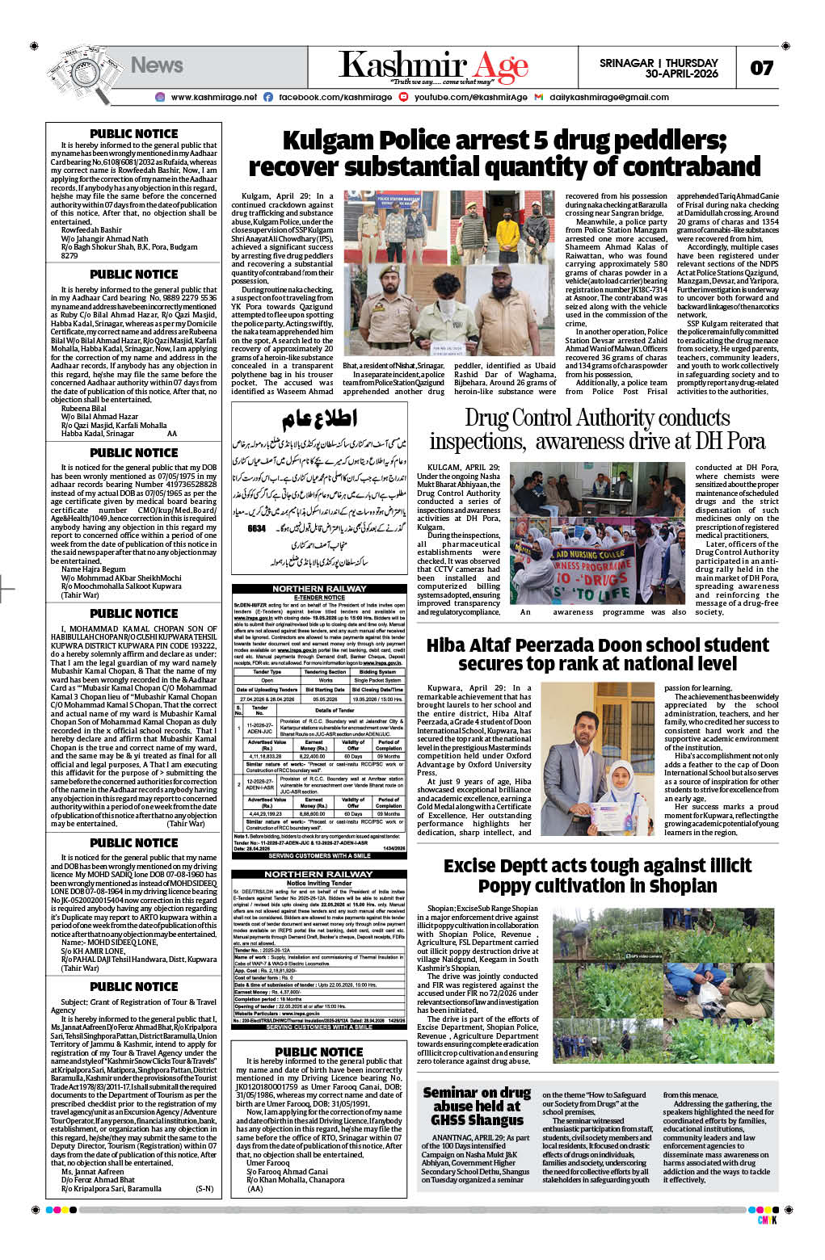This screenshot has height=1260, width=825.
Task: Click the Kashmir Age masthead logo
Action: [433, 66]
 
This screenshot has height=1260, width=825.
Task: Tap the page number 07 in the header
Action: [761, 68]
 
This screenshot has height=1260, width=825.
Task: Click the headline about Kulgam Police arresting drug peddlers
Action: [504, 154]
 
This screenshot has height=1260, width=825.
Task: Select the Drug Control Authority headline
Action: [597, 430]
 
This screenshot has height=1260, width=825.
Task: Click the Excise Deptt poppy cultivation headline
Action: [597, 876]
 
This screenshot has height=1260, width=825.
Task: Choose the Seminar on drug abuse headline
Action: [477, 1106]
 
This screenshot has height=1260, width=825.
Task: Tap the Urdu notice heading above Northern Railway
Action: [319, 420]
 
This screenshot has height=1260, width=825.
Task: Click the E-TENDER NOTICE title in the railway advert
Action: [318, 597]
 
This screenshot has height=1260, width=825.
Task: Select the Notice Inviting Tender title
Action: [318, 883]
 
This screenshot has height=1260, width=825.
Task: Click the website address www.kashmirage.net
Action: [213, 98]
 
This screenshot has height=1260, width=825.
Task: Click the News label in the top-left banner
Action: [157, 65]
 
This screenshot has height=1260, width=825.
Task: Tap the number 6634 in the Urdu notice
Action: [256, 528]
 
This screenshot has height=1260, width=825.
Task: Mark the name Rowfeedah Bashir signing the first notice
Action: [91, 230]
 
